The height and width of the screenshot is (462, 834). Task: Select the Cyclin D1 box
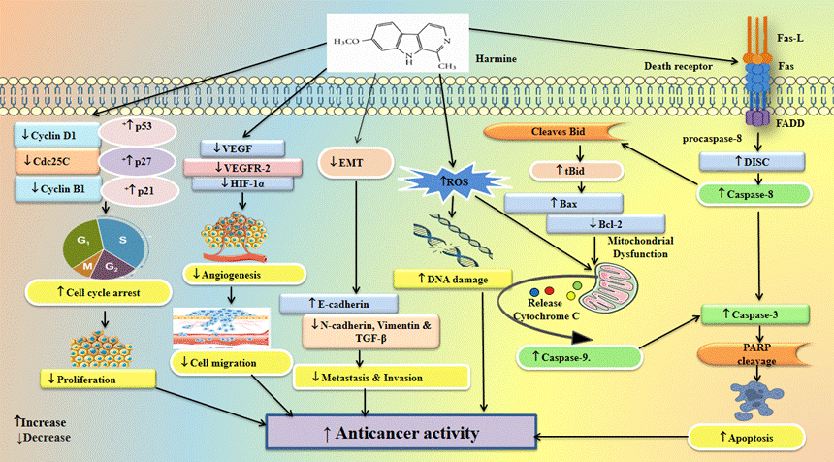(53, 133)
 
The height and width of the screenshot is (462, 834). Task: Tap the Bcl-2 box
(591, 226)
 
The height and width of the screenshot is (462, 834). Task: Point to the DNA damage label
(453, 279)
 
